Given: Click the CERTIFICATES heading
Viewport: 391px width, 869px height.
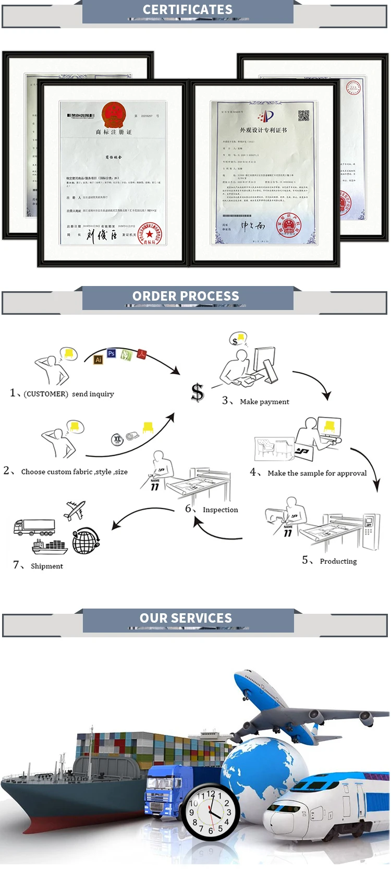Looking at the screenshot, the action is [x=188, y=9].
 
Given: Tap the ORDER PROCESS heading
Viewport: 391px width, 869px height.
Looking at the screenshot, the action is [x=186, y=296].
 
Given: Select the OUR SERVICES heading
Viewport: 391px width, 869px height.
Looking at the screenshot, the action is [x=186, y=618].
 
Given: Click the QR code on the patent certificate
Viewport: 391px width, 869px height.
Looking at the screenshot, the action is [x=303, y=116].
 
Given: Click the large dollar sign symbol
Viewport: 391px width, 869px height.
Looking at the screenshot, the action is [x=197, y=392].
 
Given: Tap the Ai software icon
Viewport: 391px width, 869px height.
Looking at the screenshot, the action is [x=98, y=360].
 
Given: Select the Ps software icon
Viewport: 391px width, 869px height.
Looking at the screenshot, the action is [x=111, y=353].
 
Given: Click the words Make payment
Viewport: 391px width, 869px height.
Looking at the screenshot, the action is [x=264, y=402].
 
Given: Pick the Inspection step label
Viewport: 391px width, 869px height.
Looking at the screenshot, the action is [x=220, y=510].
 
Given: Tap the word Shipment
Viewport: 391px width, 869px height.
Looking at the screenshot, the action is [x=47, y=566].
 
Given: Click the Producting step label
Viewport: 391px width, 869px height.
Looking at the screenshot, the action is [x=338, y=562].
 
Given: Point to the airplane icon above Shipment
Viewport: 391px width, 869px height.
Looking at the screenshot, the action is [x=75, y=510].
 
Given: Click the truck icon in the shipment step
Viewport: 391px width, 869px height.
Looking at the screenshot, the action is [x=34, y=527].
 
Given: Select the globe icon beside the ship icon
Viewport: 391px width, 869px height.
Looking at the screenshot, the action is [x=85, y=541].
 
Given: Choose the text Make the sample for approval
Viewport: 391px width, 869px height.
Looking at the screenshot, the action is [x=317, y=473].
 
